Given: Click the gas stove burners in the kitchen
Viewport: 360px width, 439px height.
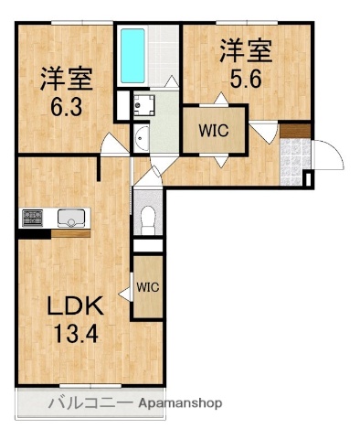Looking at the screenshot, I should click(x=33, y=218).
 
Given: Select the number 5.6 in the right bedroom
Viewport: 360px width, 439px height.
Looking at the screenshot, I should click(x=245, y=79).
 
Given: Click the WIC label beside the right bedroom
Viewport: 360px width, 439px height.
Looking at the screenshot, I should click(x=214, y=130).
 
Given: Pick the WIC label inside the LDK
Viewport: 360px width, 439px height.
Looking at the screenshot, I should click(x=147, y=285).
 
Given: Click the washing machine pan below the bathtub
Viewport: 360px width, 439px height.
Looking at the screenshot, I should click(x=143, y=104).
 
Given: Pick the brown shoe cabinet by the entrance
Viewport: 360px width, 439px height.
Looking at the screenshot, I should click(x=295, y=130).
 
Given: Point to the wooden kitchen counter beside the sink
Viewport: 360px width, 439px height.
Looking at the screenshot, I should click(x=71, y=233).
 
